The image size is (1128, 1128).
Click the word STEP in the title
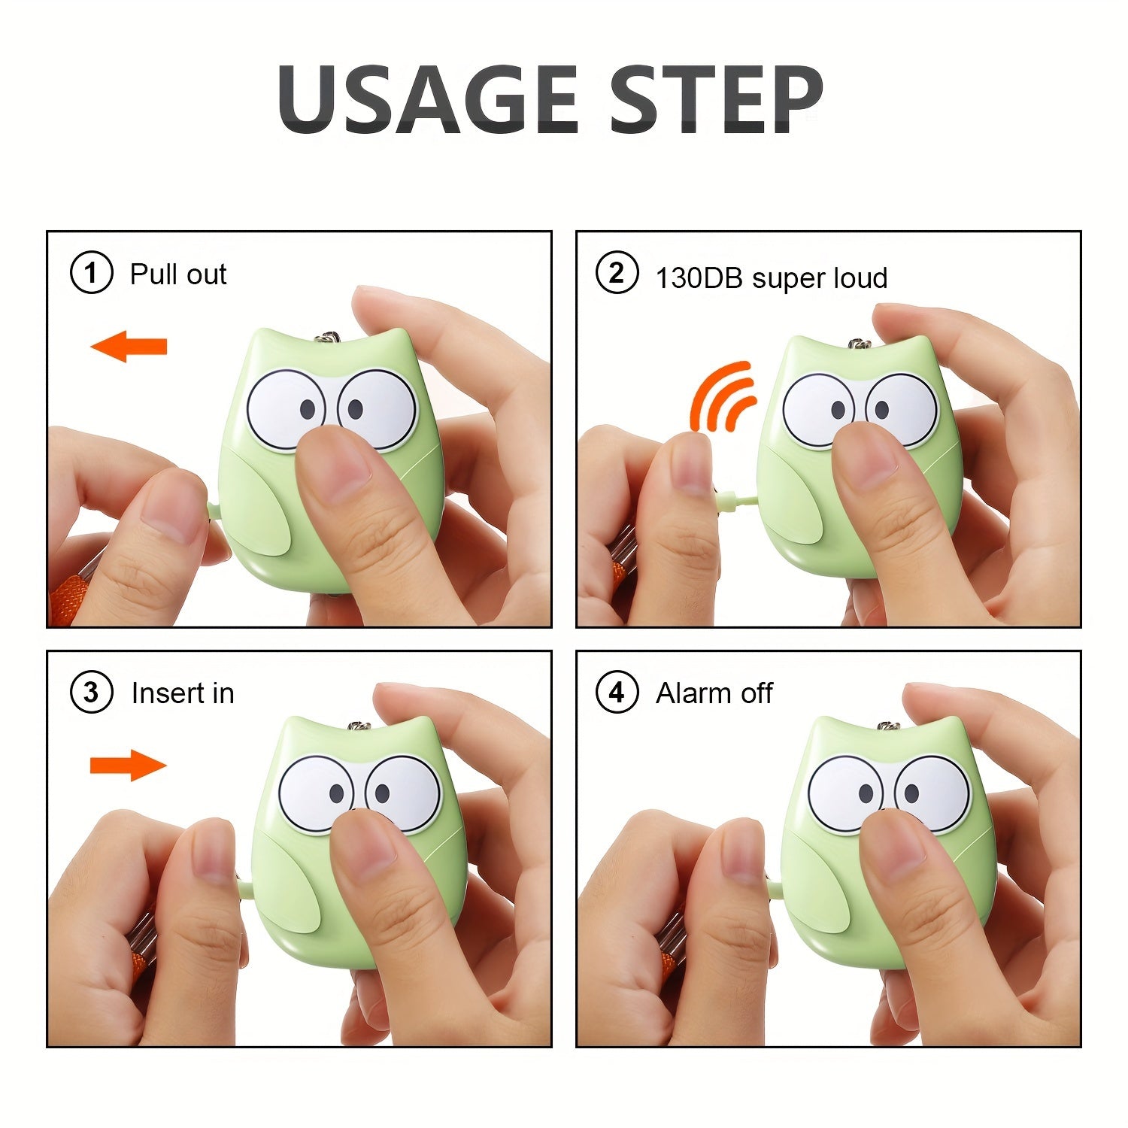(x=714, y=100)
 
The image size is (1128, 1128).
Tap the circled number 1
(x=91, y=273)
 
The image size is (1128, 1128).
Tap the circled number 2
(x=617, y=272)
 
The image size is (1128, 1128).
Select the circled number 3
(x=91, y=693)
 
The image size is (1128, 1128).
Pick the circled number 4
(x=617, y=693)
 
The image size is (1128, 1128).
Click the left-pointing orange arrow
(x=129, y=347)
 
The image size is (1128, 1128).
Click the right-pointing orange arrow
(x=129, y=766)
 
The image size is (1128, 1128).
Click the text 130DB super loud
(x=771, y=278)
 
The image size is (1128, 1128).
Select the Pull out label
(x=177, y=274)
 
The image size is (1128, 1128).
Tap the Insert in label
(x=182, y=693)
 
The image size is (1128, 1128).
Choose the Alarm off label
(x=714, y=693)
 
